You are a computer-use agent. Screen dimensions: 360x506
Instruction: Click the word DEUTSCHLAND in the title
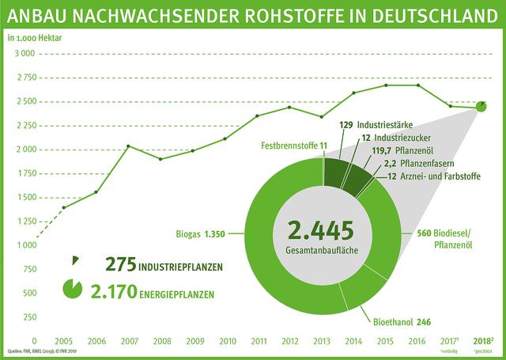436,16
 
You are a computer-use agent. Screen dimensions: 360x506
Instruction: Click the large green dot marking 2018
481,107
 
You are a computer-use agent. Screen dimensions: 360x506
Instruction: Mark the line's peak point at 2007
129,146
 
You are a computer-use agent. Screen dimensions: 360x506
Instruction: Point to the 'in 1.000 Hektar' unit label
32,37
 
